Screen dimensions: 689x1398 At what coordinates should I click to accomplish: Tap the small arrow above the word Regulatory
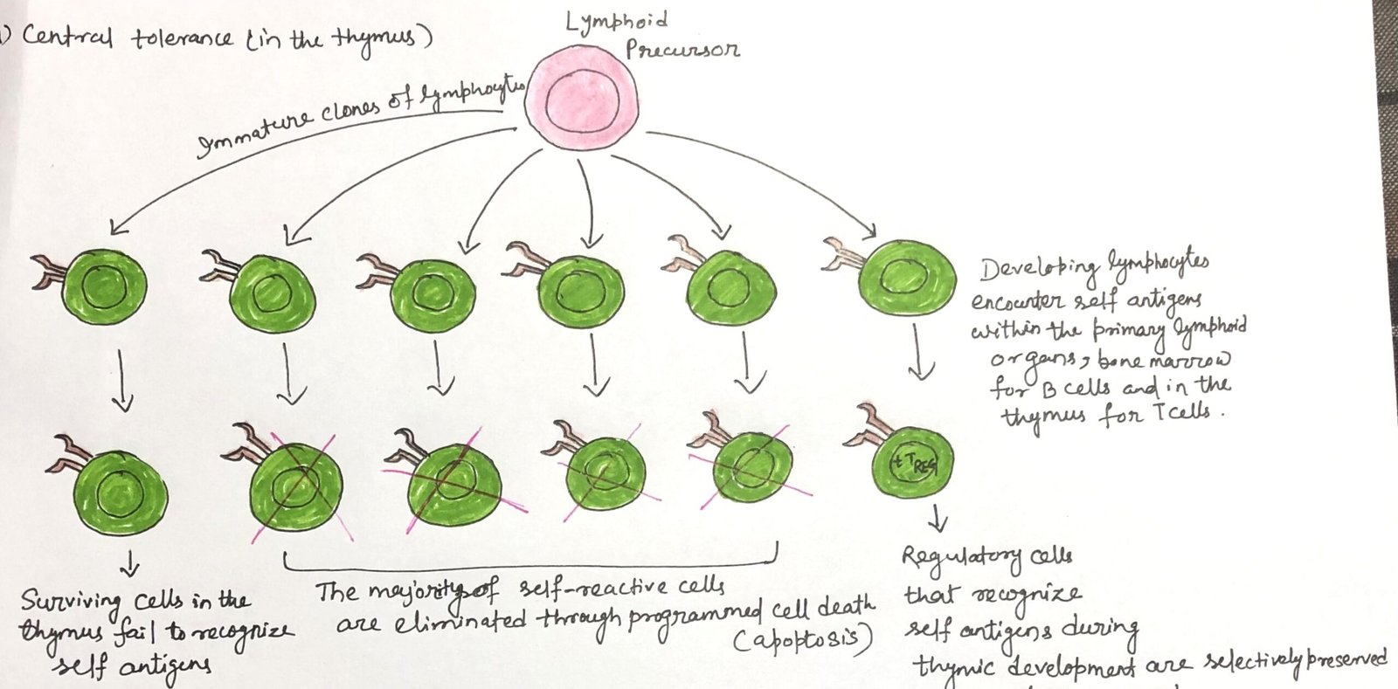(938, 520)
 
